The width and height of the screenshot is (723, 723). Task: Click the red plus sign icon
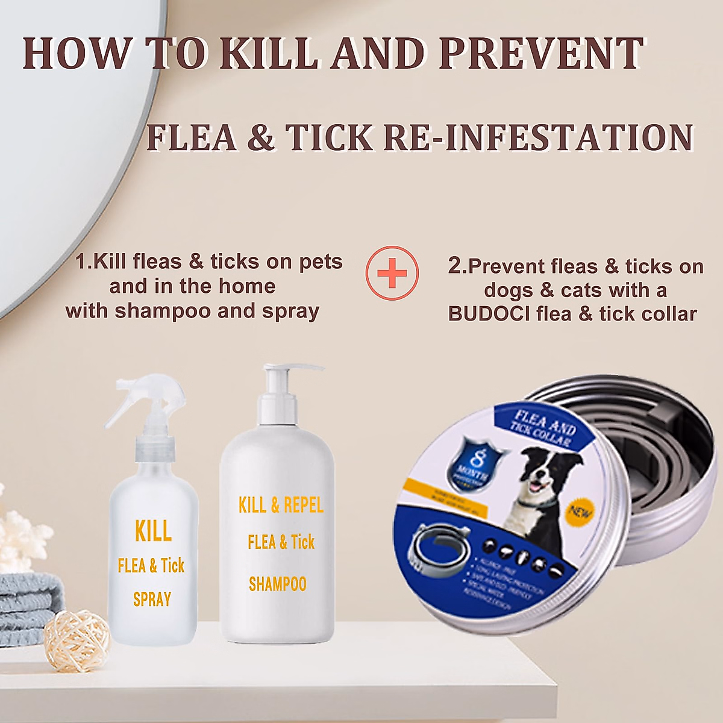point(392,273)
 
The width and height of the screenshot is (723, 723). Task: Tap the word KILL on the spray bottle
point(153,531)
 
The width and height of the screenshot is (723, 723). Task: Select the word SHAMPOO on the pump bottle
point(278,584)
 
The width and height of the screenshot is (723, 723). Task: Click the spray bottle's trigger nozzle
point(145,398)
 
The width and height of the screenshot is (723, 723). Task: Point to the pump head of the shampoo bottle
point(283,377)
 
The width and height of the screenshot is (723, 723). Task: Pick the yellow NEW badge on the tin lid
point(580,512)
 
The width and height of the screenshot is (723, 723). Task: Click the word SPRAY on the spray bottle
point(152,599)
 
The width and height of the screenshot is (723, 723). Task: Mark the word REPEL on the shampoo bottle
point(303,505)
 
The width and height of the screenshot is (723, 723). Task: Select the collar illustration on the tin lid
point(437,548)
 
